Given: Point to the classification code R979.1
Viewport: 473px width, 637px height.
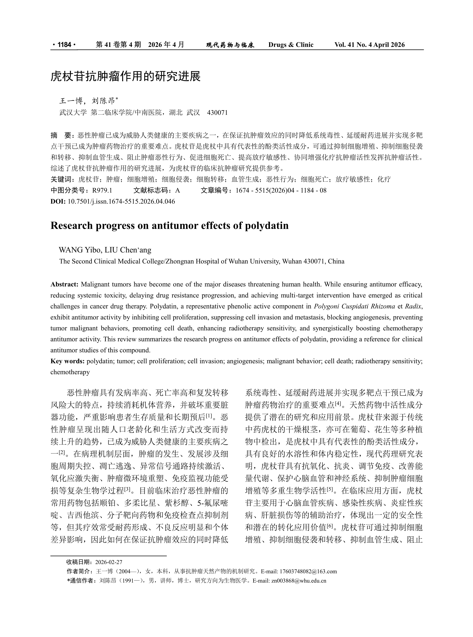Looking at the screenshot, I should (102, 190).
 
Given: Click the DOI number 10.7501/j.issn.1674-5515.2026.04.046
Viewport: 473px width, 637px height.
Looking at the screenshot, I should (121, 201).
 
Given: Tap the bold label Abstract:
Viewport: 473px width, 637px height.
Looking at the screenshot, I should (64, 284).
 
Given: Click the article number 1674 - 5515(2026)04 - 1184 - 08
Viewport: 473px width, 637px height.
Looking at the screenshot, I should (281, 190).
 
